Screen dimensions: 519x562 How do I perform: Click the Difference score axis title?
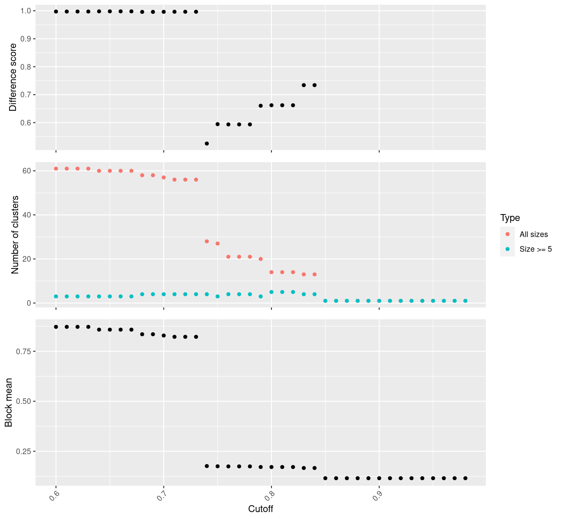click(13, 77)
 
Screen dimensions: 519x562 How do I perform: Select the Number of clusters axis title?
click(15, 235)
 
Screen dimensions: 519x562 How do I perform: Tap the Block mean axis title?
click(9, 403)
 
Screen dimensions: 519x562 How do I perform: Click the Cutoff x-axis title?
click(260, 509)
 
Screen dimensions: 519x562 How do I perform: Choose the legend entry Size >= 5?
click(536, 249)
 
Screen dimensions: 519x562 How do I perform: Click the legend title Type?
click(510, 218)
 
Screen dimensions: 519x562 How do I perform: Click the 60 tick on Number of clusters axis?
click(27, 171)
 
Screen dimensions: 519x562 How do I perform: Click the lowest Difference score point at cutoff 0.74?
click(207, 144)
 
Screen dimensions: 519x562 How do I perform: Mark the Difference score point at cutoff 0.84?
click(314, 85)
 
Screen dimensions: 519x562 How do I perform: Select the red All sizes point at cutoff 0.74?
click(207, 241)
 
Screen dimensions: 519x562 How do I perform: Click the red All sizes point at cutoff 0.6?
click(56, 169)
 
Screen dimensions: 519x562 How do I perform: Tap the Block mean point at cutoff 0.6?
click(56, 327)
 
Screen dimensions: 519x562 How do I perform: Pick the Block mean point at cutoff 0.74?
click(207, 466)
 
